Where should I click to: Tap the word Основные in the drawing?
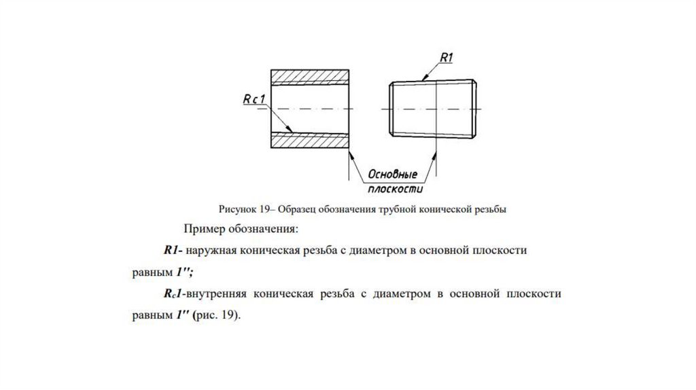(393, 175)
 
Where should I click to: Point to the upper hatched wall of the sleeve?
(310, 77)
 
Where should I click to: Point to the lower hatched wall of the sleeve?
(310, 141)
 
